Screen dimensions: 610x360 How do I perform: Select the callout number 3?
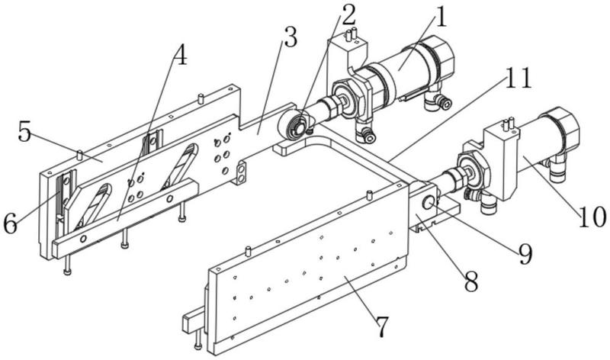(291, 37)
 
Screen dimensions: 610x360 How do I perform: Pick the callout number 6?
(10, 223)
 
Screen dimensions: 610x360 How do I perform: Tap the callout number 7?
(382, 326)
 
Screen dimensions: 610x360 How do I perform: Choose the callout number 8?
(471, 281)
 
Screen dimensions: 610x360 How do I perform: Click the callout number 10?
(592, 217)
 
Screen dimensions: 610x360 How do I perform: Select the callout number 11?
(518, 78)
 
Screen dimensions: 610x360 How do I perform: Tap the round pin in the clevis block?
(429, 202)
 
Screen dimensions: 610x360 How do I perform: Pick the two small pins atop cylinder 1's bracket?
(351, 34)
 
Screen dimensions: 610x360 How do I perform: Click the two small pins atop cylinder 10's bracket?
(509, 124)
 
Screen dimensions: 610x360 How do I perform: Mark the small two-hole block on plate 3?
(241, 172)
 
